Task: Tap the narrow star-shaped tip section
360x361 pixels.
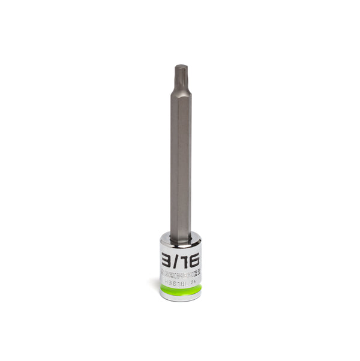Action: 180,75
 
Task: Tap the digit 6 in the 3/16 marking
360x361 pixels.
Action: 194,261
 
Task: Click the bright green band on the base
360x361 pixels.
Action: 180,290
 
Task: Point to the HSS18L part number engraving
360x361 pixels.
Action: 176,279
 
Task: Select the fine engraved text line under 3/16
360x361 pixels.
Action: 180,272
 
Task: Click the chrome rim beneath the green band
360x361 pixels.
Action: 180,297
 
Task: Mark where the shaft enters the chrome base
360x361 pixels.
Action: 180,239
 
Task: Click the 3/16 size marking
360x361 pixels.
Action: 181,261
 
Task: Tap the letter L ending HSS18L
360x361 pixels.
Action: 187,279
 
